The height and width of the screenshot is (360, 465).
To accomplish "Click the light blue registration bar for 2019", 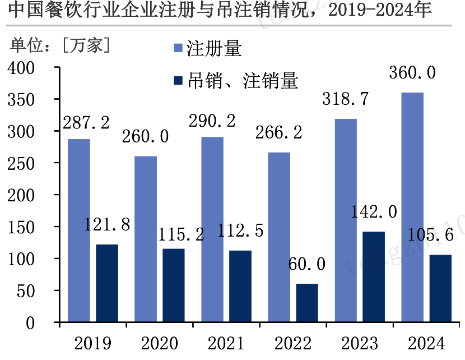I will [x=78, y=230].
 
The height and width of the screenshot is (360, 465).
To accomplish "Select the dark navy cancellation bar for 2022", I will [x=307, y=303].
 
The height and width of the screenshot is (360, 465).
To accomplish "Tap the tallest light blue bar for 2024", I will [x=412, y=207].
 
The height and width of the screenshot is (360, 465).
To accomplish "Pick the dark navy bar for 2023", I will [x=374, y=277].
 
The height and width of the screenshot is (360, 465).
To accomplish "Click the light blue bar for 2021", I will [x=212, y=229].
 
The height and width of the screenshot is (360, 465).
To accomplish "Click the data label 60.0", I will [x=307, y=264].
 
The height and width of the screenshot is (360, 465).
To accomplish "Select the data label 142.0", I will [x=374, y=211].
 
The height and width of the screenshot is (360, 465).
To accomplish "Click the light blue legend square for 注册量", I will [x=179, y=49].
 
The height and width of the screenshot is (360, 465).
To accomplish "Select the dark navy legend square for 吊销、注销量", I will [x=179, y=81].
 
